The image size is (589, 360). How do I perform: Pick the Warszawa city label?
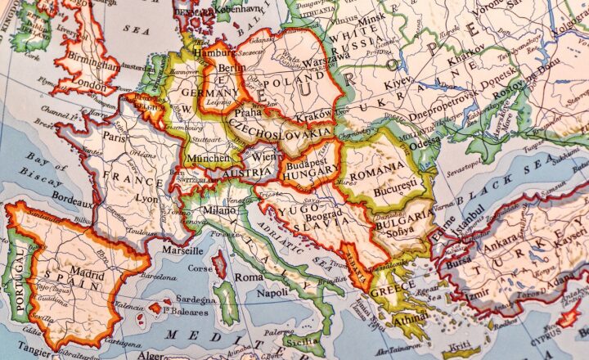pyautogui.click(x=301, y=61)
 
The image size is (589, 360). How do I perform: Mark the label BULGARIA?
pyautogui.click(x=404, y=218)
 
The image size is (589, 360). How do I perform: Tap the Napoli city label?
pyautogui.click(x=272, y=292)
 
